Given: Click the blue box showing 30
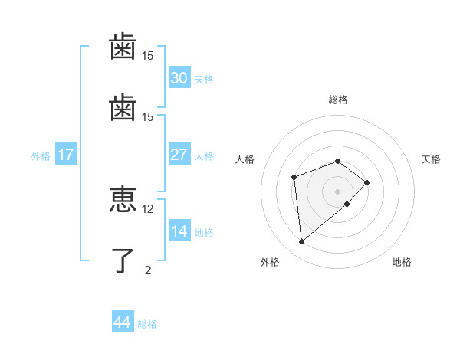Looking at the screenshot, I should pos(179,78).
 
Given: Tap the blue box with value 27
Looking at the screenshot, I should pos(179,155).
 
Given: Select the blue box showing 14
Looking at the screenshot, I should pos(179,231).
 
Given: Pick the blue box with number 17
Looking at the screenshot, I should pos(65,155).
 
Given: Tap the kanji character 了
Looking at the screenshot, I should pos(123,261).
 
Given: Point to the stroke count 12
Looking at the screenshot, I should pos(147,208).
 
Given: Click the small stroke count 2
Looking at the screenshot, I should pos(147,270).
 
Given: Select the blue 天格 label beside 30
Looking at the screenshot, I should pos(204,80).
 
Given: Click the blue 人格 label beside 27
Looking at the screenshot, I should pos(204,156).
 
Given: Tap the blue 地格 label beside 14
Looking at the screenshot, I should pos(204,233).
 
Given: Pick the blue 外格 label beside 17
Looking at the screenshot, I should pos(41,156).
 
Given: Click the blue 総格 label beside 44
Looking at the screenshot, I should pos(147,324).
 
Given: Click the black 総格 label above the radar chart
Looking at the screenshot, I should pos(338,100).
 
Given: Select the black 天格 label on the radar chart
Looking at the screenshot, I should pos(431,159).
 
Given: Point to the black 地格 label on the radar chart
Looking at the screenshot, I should pos(402,262).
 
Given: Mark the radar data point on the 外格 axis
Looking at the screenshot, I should pos(302,242).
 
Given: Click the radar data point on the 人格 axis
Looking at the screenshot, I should pos(294,178).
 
